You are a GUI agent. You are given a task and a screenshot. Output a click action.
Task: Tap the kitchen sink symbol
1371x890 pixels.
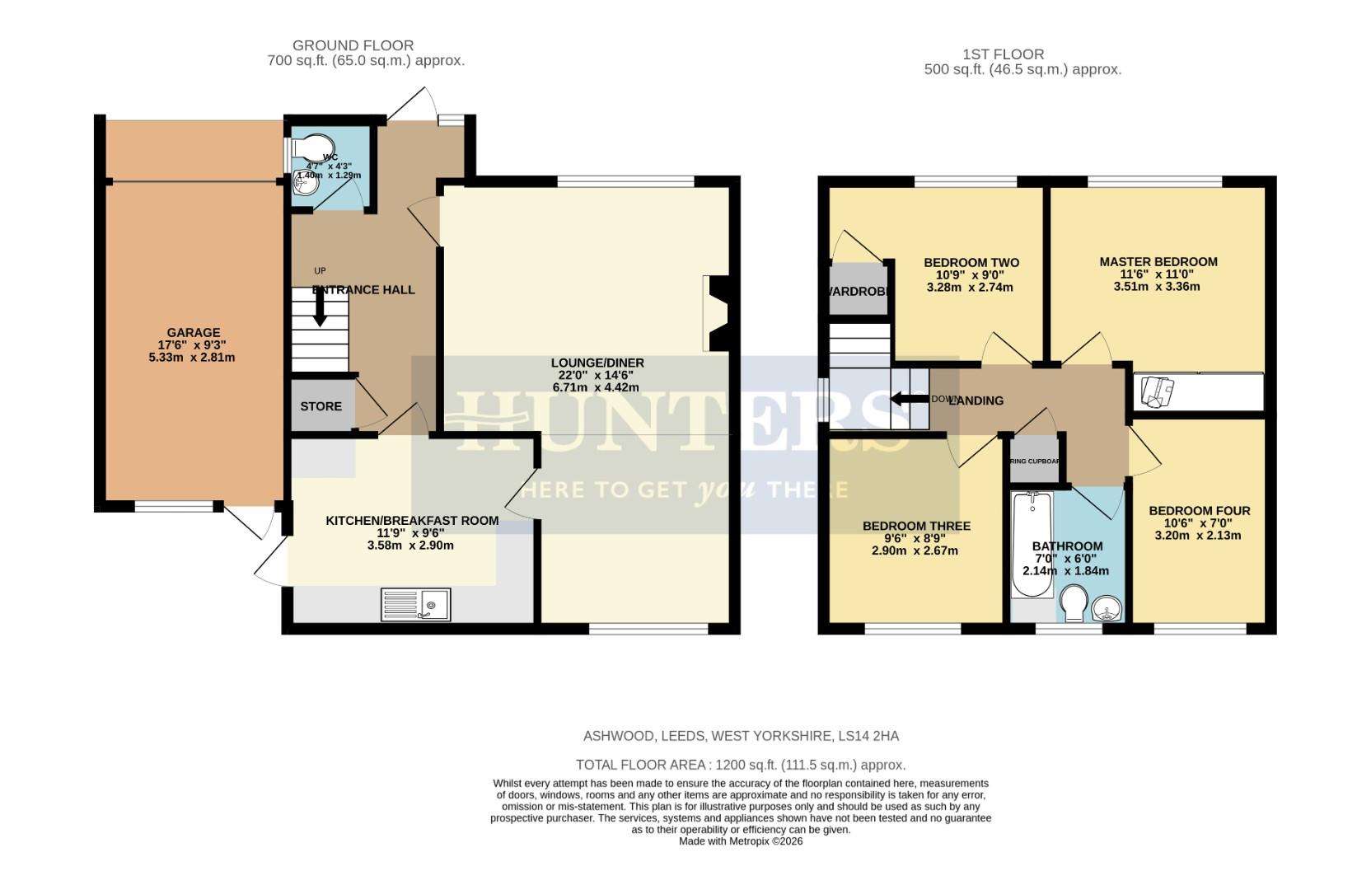pyautogui.click(x=416, y=604)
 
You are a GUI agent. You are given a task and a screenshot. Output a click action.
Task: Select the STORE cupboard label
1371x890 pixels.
pyautogui.click(x=321, y=406)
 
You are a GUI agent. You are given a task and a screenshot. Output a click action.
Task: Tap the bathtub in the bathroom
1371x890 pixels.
pyautogui.click(x=1032, y=546)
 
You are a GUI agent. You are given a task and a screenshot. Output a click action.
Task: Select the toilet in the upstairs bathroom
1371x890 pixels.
pyautogui.click(x=1074, y=603)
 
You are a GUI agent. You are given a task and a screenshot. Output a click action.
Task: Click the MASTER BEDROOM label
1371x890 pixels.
pyautogui.click(x=1158, y=262)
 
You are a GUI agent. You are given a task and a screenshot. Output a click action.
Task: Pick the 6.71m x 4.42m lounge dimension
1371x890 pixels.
pyautogui.click(x=597, y=386)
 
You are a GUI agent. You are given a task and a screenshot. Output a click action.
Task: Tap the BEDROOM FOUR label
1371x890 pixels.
pyautogui.click(x=1199, y=511)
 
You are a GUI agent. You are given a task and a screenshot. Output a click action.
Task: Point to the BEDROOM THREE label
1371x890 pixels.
pyautogui.click(x=916, y=526)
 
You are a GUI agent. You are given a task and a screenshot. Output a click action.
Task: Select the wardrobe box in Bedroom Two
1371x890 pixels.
pyautogui.click(x=857, y=291)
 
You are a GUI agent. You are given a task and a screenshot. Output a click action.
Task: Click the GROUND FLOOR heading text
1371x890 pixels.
pyautogui.click(x=353, y=45)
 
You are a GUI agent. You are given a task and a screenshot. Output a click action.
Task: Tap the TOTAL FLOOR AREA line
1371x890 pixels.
pyautogui.click(x=740, y=765)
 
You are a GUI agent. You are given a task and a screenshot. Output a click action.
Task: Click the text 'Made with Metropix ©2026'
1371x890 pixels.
pyautogui.click(x=740, y=841)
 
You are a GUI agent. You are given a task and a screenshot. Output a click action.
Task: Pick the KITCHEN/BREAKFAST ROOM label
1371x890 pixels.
pyautogui.click(x=412, y=520)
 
